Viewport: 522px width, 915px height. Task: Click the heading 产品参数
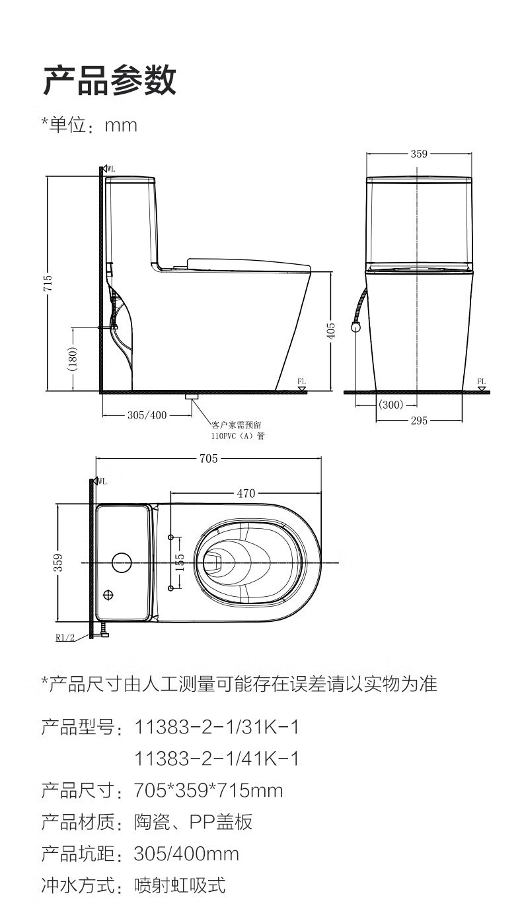[110, 81]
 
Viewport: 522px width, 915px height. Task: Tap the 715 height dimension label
[48, 283]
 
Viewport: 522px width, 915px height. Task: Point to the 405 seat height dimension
[330, 331]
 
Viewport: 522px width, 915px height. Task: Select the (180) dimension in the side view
[73, 358]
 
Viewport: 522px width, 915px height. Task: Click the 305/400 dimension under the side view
[147, 415]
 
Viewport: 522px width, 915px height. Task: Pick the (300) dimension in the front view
[391, 405]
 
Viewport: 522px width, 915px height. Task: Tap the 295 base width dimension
[419, 421]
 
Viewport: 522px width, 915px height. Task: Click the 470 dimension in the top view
[246, 493]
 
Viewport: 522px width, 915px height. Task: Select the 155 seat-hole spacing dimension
[180, 562]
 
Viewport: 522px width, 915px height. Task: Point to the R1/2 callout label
[65, 637]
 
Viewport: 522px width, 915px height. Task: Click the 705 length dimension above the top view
[209, 459]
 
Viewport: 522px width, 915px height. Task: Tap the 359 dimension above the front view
[419, 154]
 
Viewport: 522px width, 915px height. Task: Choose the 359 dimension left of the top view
[59, 562]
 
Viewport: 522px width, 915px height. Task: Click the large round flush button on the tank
[122, 562]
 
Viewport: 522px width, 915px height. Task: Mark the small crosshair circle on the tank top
[108, 595]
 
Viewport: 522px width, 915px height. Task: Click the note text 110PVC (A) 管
[238, 436]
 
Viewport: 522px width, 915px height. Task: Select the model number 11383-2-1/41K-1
[217, 759]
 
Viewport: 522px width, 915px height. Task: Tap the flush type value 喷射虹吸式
[180, 885]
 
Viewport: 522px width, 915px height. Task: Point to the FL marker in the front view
[482, 382]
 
